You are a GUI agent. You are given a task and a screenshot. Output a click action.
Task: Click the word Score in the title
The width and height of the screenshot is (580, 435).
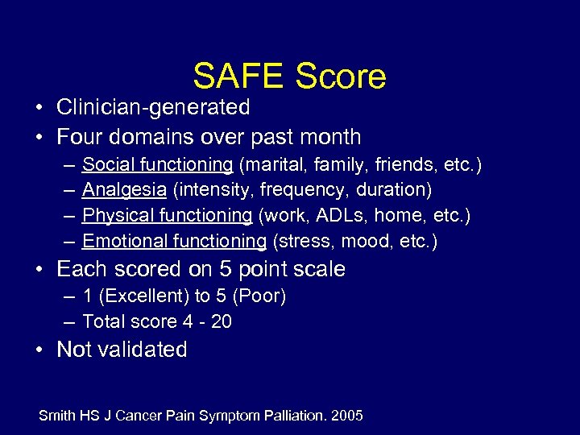(341, 77)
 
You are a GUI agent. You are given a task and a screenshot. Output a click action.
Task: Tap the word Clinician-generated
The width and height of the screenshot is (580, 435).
(153, 107)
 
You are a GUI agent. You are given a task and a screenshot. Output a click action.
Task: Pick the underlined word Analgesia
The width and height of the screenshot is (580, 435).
(124, 190)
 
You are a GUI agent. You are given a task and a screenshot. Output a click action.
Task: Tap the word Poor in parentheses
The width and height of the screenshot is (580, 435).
(259, 296)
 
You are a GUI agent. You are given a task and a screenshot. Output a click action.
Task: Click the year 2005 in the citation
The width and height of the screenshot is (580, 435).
(346, 416)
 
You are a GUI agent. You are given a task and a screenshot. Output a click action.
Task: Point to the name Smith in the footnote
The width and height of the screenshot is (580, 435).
(56, 416)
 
